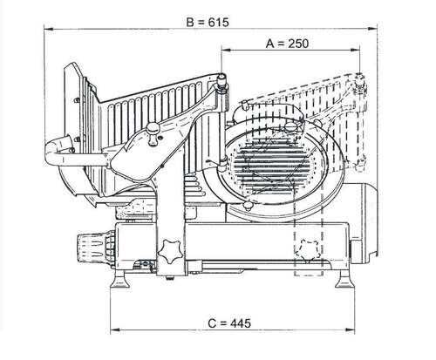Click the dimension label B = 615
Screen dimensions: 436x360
(x=208, y=22)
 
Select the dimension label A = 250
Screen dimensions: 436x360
(x=287, y=44)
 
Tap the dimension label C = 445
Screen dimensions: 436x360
(x=229, y=323)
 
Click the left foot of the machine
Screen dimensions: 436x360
(x=119, y=279)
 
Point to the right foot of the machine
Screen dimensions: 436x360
(x=345, y=279)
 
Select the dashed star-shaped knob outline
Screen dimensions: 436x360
(x=309, y=250)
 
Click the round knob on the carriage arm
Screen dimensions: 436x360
(x=153, y=133)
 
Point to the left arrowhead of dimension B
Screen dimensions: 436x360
(x=49, y=29)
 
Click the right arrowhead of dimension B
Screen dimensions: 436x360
(x=372, y=29)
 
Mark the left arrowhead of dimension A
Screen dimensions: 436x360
(x=226, y=50)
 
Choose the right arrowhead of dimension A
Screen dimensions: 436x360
(x=355, y=50)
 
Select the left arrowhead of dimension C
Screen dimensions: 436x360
(x=115, y=329)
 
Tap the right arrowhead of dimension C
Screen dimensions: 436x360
(x=350, y=329)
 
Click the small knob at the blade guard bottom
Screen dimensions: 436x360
(x=248, y=206)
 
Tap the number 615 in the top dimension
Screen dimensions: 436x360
(x=219, y=22)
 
